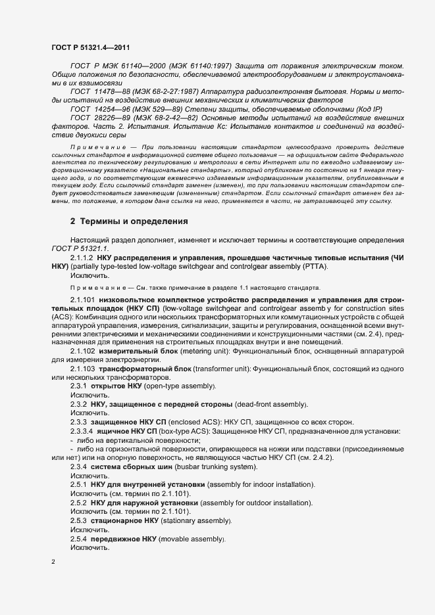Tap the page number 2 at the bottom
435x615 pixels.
[x=53, y=562]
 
